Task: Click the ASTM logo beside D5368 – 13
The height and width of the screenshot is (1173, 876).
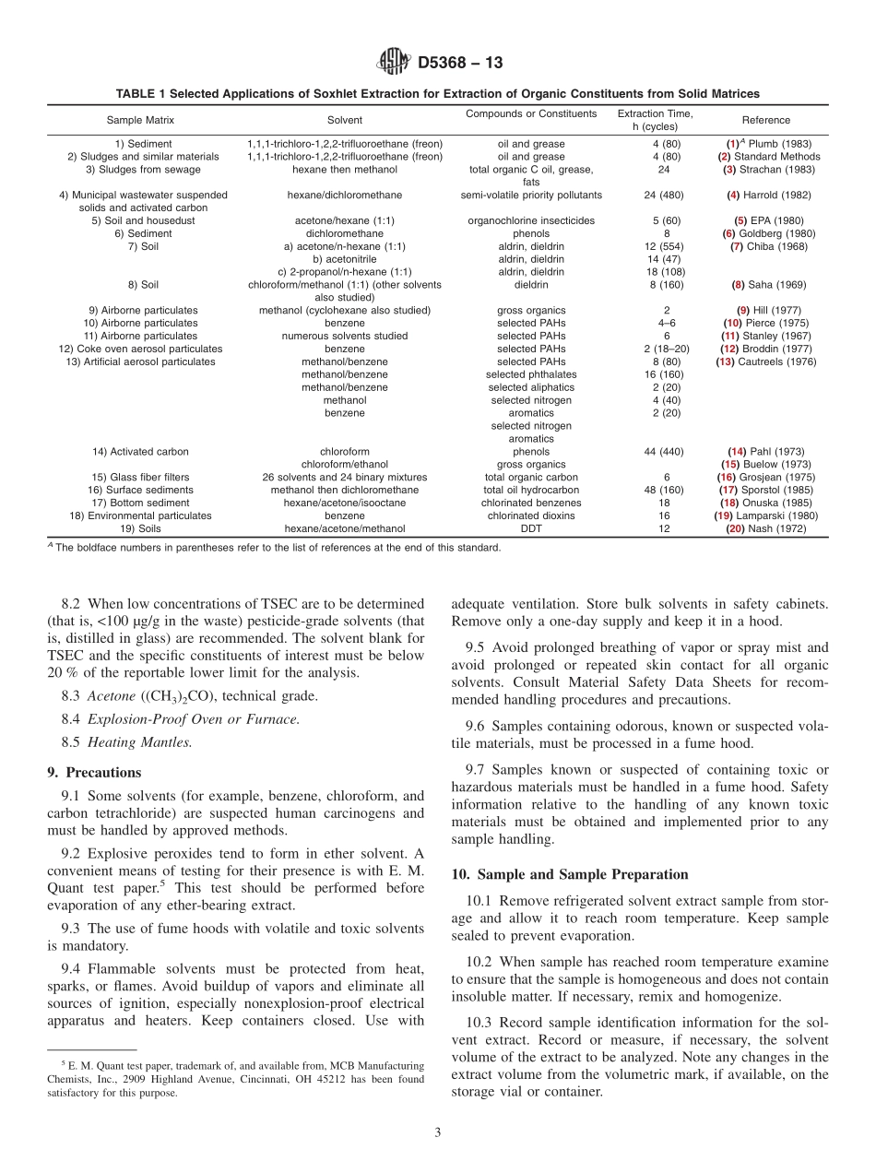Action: point(394,63)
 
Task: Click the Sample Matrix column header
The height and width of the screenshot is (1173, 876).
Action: point(140,120)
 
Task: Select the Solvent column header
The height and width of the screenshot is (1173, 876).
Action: point(345,120)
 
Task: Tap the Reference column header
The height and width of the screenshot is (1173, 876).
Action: point(765,120)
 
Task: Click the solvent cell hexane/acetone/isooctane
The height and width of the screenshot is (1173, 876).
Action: point(345,503)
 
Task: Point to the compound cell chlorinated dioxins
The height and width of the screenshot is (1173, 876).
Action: point(531,515)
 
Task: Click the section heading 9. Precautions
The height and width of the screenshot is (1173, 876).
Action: point(94,772)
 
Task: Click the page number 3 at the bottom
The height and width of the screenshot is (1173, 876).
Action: point(438,1132)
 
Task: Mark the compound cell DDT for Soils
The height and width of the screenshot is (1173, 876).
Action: point(531,528)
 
